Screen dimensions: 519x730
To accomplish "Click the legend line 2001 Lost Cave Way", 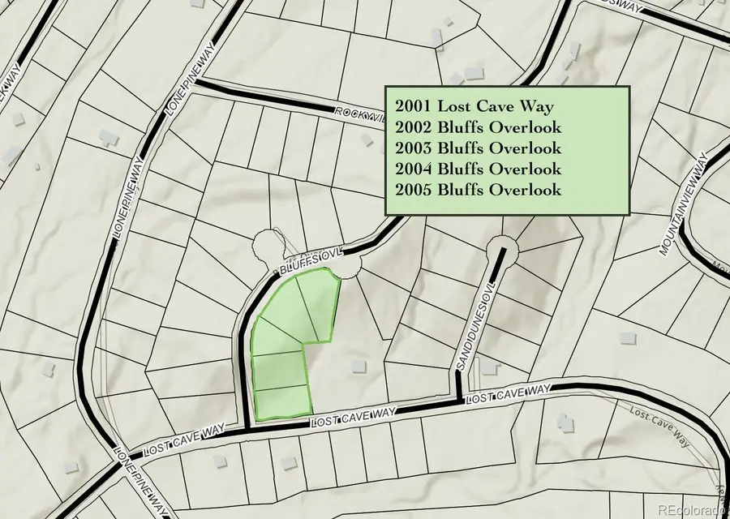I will point(474,106).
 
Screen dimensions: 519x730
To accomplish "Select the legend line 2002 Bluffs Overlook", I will point(479,127).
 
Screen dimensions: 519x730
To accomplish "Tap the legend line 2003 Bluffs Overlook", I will point(479,148).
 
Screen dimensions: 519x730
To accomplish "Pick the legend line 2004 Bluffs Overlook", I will point(479,169).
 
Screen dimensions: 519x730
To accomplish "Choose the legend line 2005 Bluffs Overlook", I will point(479,191).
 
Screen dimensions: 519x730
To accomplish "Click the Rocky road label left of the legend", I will point(358,113).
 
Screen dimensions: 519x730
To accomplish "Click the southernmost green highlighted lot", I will point(282,402).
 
